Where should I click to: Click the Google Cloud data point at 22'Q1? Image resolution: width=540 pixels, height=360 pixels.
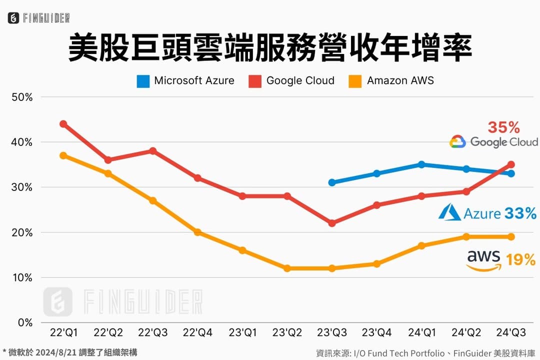[x=63, y=124]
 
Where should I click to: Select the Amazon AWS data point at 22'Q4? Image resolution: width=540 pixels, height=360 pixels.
[x=197, y=232]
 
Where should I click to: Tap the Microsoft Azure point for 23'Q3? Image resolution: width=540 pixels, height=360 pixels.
[x=332, y=182]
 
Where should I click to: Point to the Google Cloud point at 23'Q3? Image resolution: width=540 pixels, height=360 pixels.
[x=332, y=223]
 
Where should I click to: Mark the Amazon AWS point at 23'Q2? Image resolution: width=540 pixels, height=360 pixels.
[x=287, y=268]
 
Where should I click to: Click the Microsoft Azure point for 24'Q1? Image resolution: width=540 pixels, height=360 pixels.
[x=421, y=164]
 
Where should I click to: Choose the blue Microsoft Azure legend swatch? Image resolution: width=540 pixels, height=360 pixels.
[x=143, y=81]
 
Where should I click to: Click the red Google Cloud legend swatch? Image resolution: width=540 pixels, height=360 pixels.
[x=255, y=81]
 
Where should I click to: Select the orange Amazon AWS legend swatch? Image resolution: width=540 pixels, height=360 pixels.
[x=355, y=81]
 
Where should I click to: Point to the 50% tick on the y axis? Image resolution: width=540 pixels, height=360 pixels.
[x=22, y=97]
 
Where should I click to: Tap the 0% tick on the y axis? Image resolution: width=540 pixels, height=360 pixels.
[x=25, y=323]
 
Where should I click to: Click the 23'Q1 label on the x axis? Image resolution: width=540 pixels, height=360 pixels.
[x=242, y=332]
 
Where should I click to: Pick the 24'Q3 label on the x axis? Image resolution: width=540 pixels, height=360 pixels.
[x=511, y=332]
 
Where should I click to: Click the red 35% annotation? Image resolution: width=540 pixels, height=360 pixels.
[x=503, y=127]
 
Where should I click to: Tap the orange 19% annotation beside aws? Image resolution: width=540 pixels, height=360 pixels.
[x=520, y=259]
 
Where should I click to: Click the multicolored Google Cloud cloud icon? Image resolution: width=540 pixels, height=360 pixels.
[x=457, y=141]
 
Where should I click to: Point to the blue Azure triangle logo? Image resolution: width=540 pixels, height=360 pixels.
[x=449, y=212]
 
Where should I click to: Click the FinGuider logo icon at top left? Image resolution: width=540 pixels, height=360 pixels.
[x=13, y=18]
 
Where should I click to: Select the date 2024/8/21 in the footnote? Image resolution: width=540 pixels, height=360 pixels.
[x=56, y=352]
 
